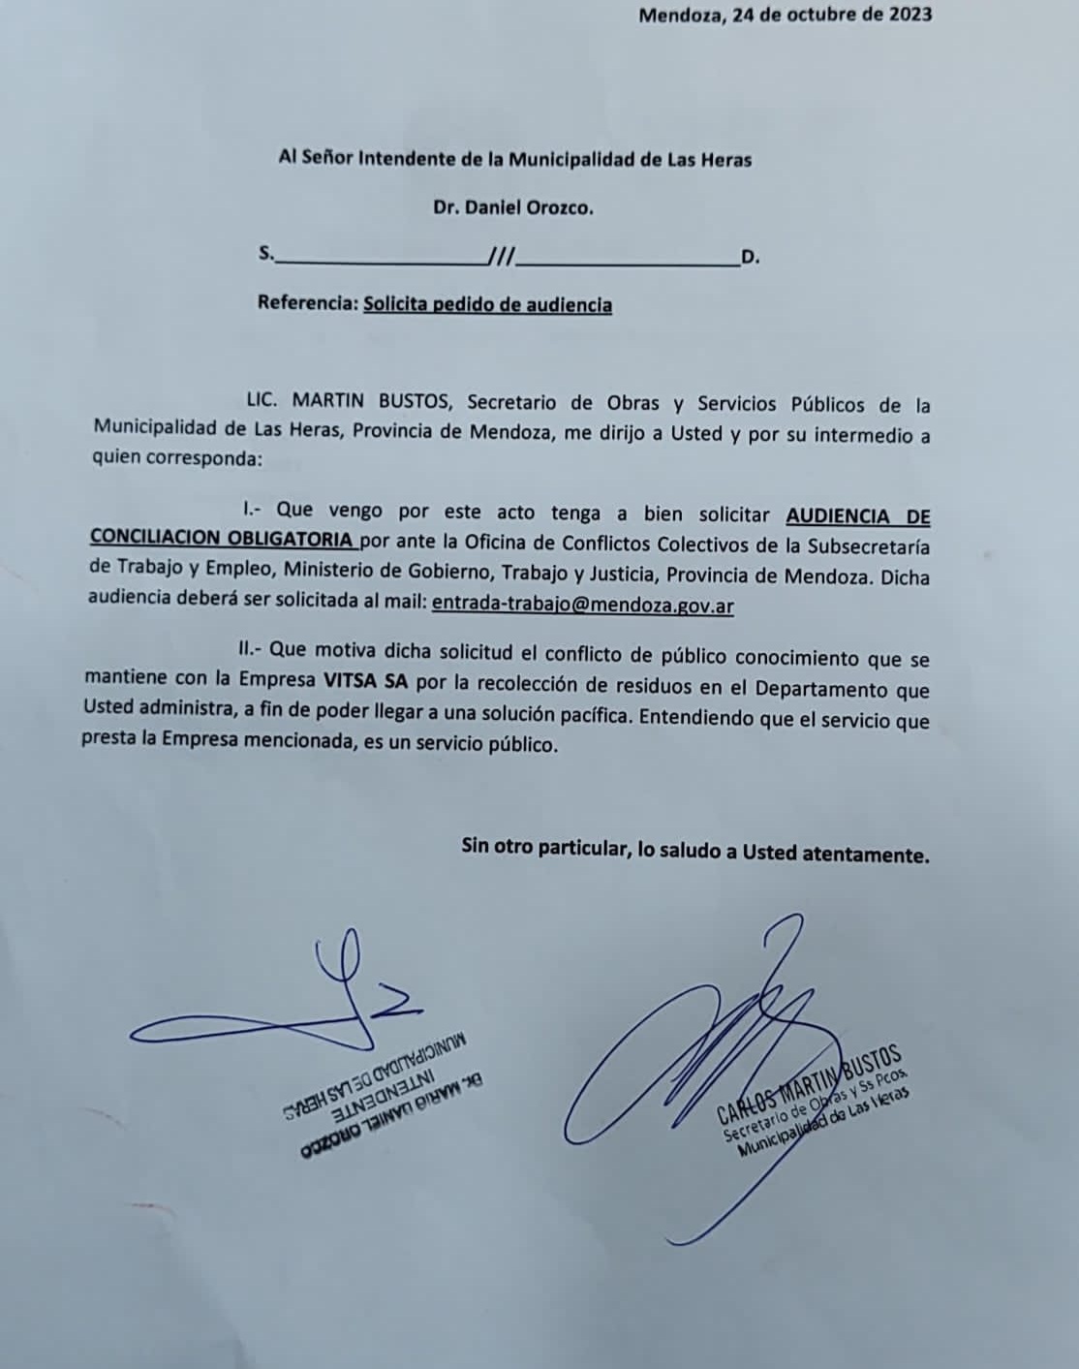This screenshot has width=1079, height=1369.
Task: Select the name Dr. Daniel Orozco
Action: [x=513, y=207]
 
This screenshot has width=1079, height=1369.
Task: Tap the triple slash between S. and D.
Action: [x=502, y=257]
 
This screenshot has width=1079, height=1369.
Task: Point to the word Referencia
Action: [x=305, y=303]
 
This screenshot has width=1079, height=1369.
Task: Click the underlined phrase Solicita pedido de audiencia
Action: [x=487, y=304]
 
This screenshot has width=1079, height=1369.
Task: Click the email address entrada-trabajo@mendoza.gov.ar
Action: [x=582, y=605]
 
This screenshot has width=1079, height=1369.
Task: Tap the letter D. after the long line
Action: [x=750, y=258]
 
